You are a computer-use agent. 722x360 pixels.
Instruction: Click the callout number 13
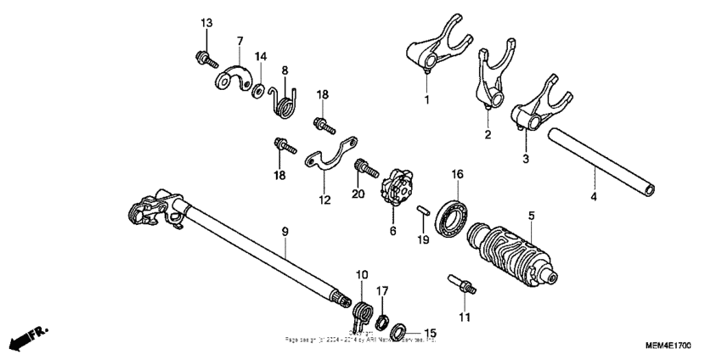[205, 23]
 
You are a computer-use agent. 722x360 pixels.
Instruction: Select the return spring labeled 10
[363, 312]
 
